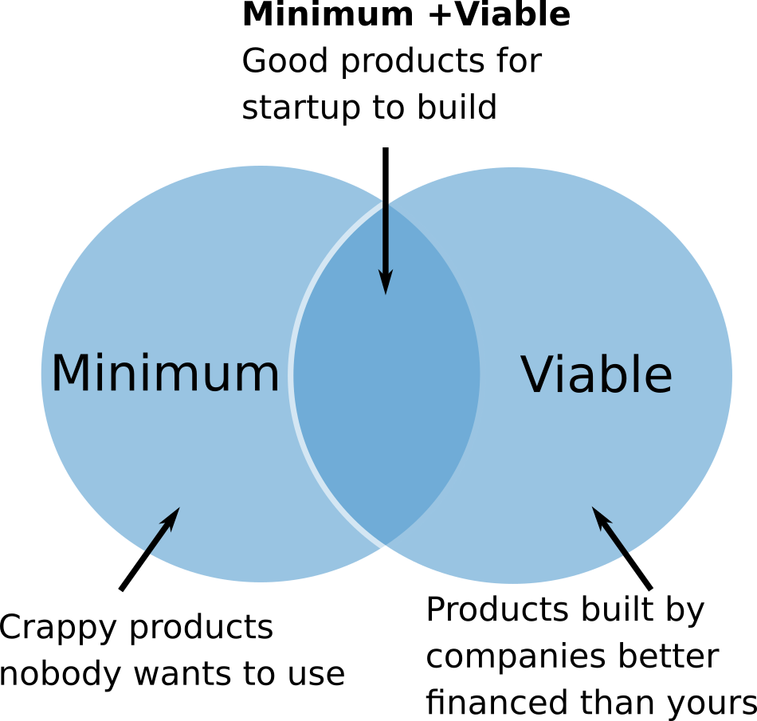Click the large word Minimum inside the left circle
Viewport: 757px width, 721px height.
(x=165, y=373)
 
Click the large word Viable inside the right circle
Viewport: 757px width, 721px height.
(x=596, y=374)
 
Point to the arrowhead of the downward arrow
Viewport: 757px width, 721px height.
(x=385, y=282)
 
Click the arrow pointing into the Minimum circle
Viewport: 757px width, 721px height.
(x=150, y=549)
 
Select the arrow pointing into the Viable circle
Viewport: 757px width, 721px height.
(x=622, y=549)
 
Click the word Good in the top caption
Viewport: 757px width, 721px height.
(x=285, y=61)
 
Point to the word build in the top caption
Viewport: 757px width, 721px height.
(x=457, y=107)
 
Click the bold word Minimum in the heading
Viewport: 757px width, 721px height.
(x=328, y=14)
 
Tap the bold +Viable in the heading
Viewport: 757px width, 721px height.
(x=499, y=14)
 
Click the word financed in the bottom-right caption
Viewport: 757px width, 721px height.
(x=496, y=701)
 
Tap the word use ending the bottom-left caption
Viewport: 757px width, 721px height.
(x=316, y=674)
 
